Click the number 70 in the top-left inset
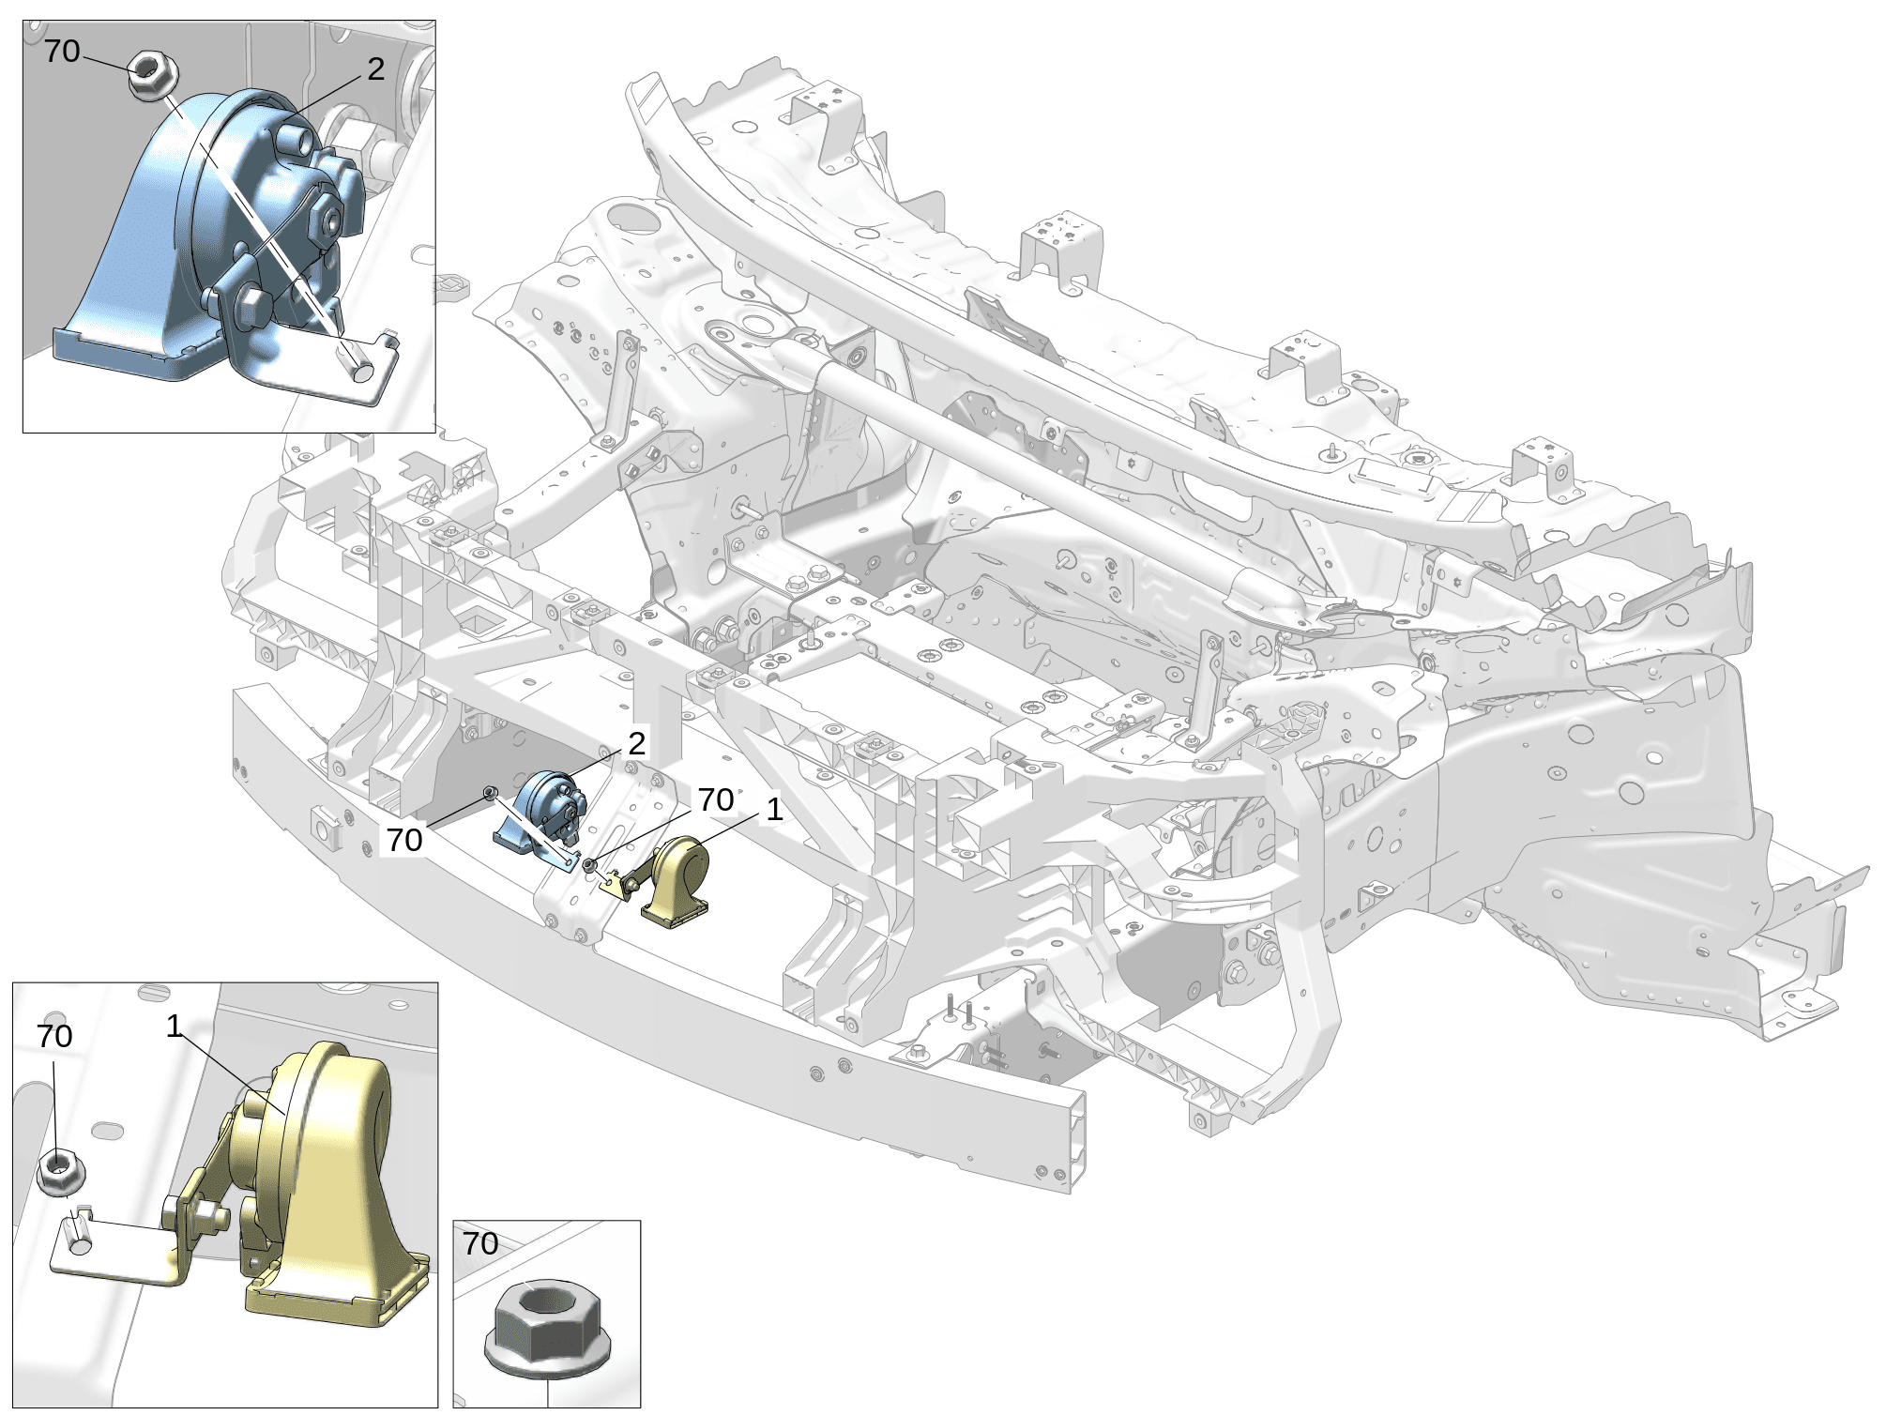(x=62, y=51)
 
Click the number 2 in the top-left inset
(x=375, y=69)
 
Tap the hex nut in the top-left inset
(x=152, y=75)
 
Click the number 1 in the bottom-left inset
(x=174, y=1027)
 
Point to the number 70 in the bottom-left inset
(x=54, y=1036)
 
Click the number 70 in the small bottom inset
(x=480, y=1243)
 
